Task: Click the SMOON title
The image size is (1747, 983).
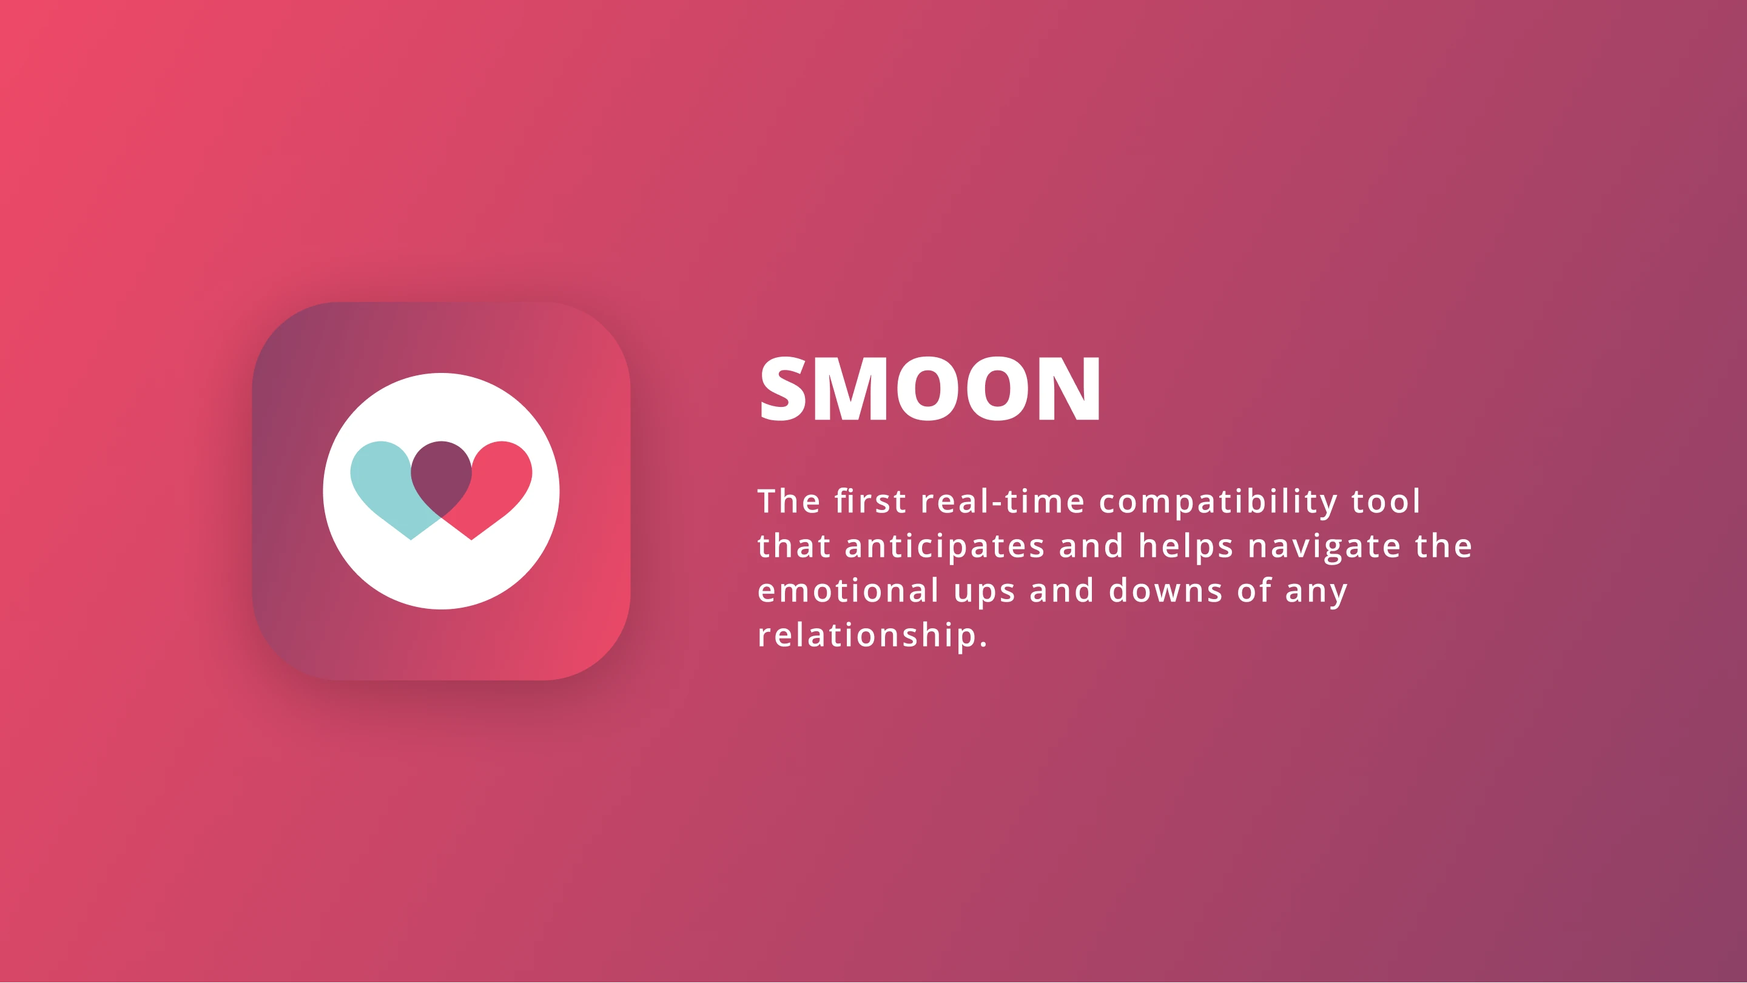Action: [x=930, y=389]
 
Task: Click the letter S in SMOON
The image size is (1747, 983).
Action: [x=783, y=389]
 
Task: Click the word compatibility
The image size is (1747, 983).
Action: [x=1218, y=502]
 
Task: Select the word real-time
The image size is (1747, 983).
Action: [x=1003, y=501]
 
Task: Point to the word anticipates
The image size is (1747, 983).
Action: [x=944, y=547]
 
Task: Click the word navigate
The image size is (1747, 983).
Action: [x=1324, y=547]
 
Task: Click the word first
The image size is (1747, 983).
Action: [x=870, y=501]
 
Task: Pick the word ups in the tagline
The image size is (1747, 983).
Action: [x=984, y=592]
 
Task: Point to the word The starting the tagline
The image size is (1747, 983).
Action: [x=789, y=501]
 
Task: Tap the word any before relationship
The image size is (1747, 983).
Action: [x=1316, y=592]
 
